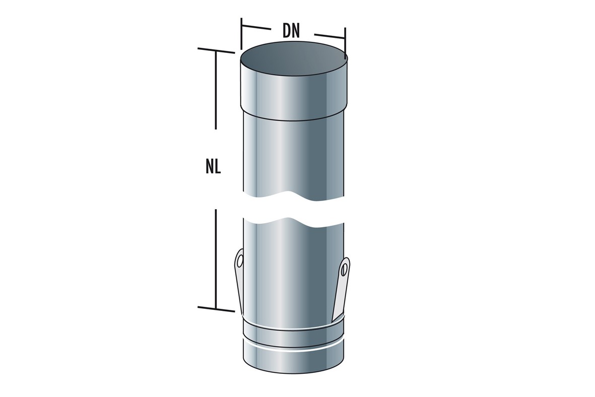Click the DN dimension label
click(x=291, y=32)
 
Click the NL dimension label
click(x=213, y=167)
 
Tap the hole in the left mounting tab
click(x=240, y=261)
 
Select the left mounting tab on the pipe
click(x=239, y=281)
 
